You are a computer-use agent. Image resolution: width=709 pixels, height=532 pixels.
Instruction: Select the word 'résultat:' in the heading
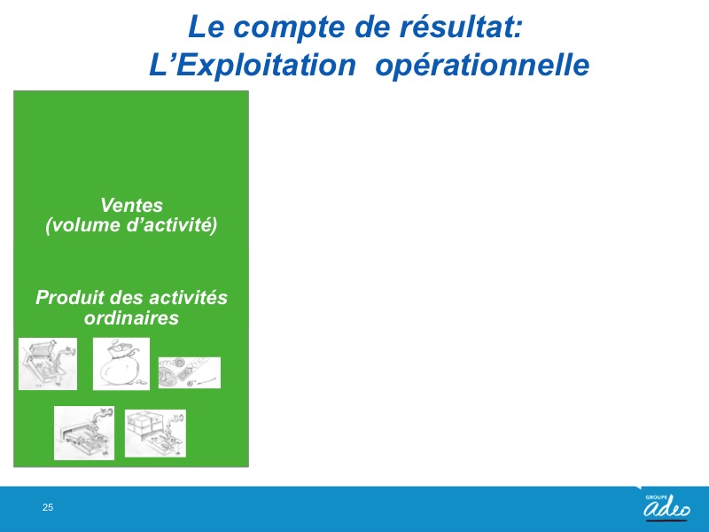461,27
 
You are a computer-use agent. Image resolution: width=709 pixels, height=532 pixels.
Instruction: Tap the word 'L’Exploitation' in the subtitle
253,66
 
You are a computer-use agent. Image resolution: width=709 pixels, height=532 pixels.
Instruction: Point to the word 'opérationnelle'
482,66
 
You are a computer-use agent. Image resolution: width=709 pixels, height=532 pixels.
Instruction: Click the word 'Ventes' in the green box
131,205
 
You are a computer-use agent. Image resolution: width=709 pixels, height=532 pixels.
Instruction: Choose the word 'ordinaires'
131,317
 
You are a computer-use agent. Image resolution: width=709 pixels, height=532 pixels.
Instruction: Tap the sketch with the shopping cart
48,364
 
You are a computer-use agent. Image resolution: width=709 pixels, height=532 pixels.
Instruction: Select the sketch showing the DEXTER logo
190,372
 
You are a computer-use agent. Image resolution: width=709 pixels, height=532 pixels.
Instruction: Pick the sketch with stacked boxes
155,434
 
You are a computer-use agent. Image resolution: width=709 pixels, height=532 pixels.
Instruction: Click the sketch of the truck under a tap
84,433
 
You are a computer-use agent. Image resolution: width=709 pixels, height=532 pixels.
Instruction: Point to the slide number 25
48,507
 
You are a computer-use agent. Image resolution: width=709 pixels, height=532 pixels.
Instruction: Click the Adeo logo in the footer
667,506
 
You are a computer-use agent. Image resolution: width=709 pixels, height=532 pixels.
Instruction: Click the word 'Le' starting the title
206,27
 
